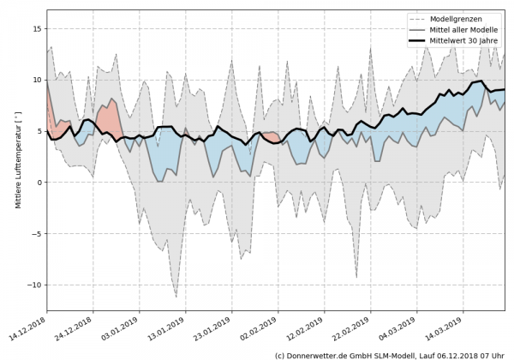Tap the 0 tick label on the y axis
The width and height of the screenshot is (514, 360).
click(x=39, y=183)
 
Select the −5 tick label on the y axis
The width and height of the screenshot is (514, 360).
click(x=36, y=233)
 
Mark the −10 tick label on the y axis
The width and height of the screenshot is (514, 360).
click(x=33, y=285)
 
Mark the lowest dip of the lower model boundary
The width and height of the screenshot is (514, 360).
click(x=176, y=297)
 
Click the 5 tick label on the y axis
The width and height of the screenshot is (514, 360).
click(x=39, y=131)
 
